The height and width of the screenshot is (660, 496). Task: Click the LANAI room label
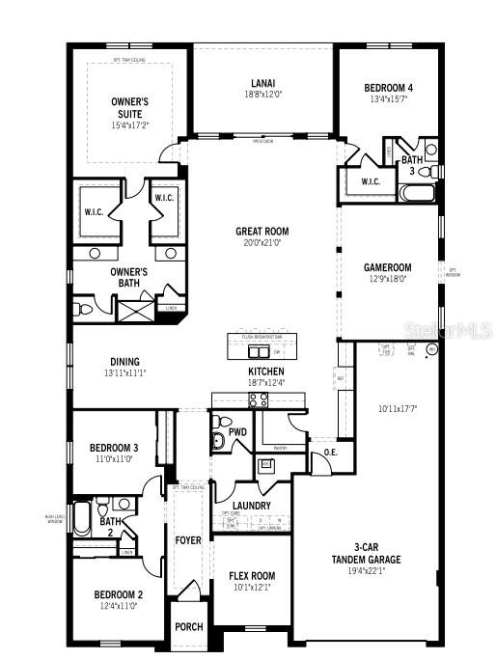tap(262, 83)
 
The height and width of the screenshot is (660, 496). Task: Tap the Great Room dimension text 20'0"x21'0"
tap(262, 243)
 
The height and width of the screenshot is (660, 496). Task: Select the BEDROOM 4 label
tap(390, 85)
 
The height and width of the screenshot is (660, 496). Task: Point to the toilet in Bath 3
tap(431, 150)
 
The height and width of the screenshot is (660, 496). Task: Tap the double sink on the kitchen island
tap(259, 350)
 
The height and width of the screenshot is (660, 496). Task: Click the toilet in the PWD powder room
tap(218, 440)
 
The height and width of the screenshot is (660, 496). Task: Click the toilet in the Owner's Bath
tap(84, 310)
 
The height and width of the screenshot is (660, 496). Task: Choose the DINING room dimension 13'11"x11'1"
tap(124, 372)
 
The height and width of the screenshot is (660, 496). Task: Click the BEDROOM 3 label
tap(115, 448)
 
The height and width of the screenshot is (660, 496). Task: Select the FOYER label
tap(187, 540)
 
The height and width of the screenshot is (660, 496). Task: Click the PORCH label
tap(188, 626)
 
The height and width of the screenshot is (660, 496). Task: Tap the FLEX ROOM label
tap(251, 576)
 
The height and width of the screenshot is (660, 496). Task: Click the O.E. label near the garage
tap(330, 452)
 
